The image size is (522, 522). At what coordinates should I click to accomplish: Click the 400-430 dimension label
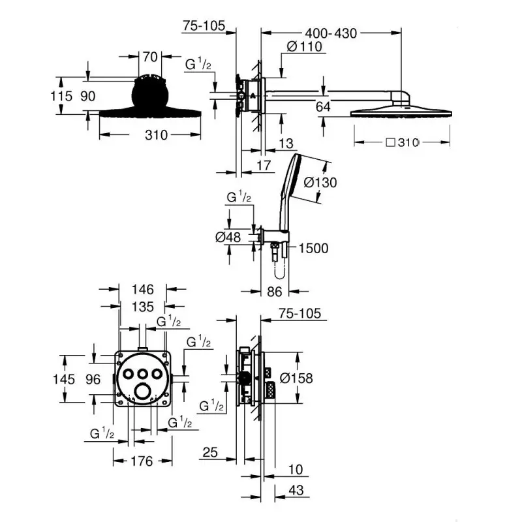(330, 33)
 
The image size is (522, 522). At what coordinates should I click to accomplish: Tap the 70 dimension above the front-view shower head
(151, 57)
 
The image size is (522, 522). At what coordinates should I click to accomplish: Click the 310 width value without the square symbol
(157, 135)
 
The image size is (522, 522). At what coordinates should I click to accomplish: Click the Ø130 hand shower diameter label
(320, 183)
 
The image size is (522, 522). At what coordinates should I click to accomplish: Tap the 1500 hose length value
(313, 248)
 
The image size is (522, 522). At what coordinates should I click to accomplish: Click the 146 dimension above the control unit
(142, 289)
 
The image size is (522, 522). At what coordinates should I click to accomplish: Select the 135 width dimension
(142, 307)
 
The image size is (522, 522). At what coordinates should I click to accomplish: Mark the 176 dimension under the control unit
(138, 462)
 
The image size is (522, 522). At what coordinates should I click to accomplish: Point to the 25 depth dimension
(209, 452)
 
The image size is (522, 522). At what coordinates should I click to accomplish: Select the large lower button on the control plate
(142, 391)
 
